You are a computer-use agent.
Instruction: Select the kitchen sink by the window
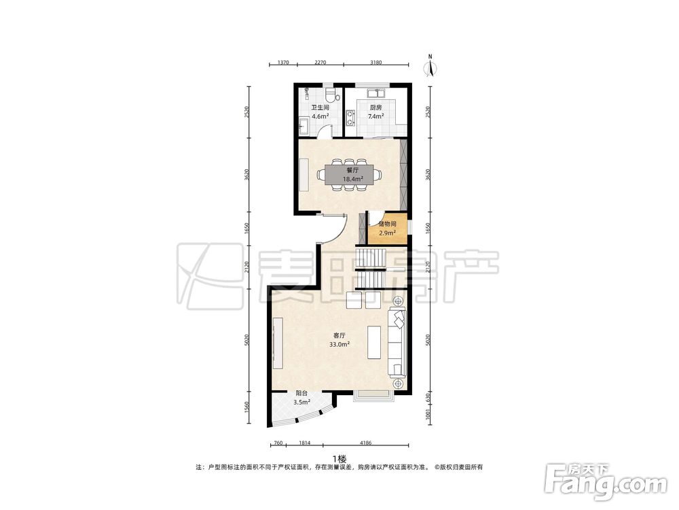[x=376, y=92]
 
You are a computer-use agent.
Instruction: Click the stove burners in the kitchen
[x=350, y=118]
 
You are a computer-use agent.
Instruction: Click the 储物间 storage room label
[x=387, y=224]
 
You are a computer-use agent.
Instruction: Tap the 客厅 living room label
[x=339, y=335]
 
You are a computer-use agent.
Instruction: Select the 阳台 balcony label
[x=301, y=393]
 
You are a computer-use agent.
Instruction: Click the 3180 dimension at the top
[x=376, y=63]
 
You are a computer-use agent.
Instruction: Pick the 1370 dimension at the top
[x=282, y=63]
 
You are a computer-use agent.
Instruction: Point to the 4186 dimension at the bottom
[x=366, y=443]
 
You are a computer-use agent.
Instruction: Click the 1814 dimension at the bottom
[x=304, y=443]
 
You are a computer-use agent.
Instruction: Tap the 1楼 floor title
[x=339, y=459]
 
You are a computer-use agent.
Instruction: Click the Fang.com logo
[x=606, y=481]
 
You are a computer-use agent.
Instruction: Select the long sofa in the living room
[x=397, y=342]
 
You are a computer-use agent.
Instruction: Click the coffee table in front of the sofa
[x=374, y=342]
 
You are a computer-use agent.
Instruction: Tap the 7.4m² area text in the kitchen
[x=375, y=116]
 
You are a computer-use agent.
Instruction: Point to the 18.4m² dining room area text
[x=353, y=179]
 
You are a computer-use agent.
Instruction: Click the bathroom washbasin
[x=304, y=126]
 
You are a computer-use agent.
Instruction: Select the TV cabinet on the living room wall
[x=278, y=343]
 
